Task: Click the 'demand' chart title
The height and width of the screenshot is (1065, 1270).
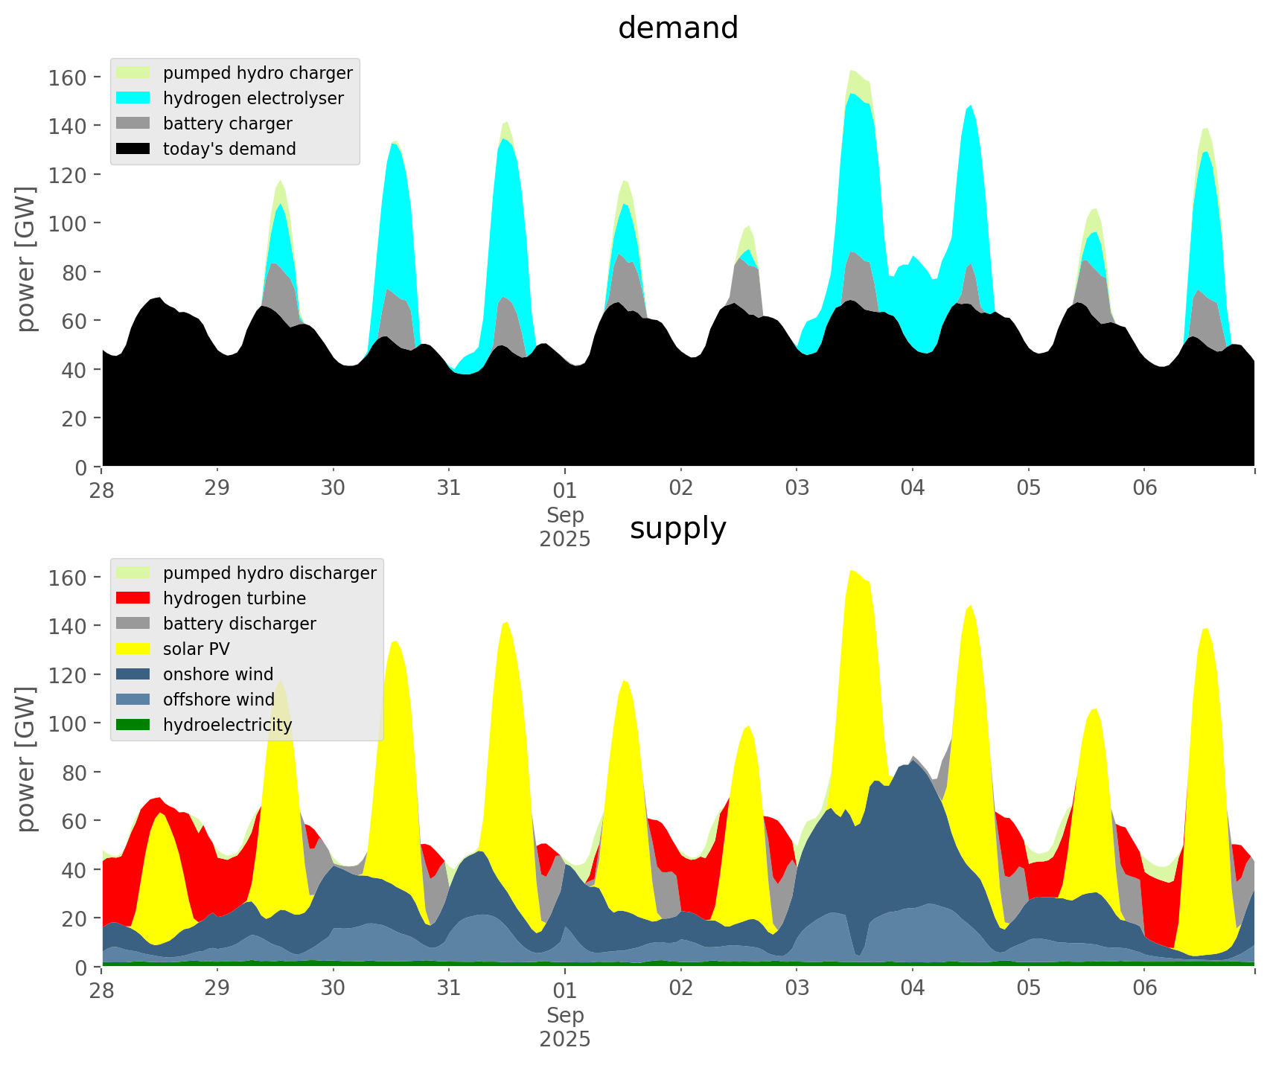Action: point(677,28)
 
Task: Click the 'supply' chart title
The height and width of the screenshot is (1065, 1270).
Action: point(677,528)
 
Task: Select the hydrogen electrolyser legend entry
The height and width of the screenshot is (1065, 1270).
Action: point(253,98)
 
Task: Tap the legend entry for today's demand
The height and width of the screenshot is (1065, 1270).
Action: point(229,149)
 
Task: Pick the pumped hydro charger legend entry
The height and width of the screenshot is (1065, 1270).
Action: point(258,73)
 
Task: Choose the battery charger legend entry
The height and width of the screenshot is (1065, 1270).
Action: point(227,124)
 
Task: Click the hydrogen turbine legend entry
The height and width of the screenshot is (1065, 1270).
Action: point(234,598)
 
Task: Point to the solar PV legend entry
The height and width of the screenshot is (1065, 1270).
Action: point(196,649)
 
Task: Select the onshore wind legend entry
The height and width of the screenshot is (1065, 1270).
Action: point(218,674)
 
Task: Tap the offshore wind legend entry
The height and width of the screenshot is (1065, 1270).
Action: point(219,700)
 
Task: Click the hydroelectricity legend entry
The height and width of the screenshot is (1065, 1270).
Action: point(227,725)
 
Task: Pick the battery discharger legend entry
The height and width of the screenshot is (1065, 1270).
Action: point(239,624)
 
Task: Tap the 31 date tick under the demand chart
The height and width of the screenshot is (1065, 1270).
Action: point(449,488)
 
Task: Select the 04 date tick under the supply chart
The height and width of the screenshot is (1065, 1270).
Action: point(913,988)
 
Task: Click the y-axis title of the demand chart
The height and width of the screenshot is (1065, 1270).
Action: point(26,259)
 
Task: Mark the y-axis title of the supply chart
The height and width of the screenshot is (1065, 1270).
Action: point(26,759)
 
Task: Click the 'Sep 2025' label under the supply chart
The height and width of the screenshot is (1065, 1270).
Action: point(565,1027)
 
